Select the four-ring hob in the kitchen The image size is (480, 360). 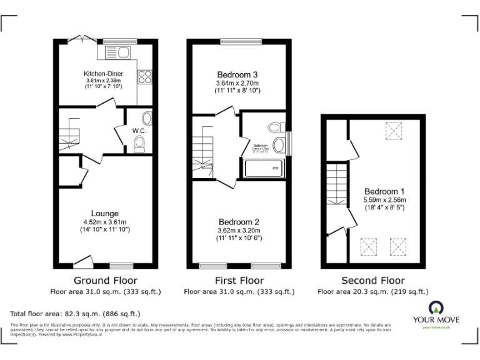(x=144, y=76)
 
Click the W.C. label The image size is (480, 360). (x=139, y=131)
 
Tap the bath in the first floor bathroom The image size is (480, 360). (x=263, y=167)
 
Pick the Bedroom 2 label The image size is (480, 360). (x=239, y=222)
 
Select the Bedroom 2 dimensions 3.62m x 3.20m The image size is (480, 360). (x=239, y=230)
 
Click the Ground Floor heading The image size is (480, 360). (x=106, y=281)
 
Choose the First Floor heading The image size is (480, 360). (x=239, y=281)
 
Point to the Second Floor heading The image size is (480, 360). (x=373, y=281)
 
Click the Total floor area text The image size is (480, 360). (x=76, y=313)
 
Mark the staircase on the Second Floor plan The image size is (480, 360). (x=336, y=184)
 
